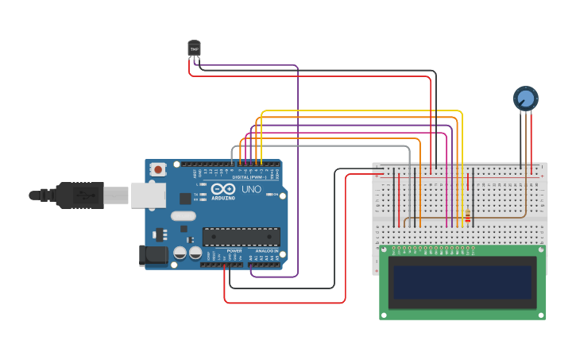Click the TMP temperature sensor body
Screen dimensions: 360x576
[x=194, y=48]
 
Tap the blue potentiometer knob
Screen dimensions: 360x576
[x=525, y=99]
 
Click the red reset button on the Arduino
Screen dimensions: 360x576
[x=159, y=169]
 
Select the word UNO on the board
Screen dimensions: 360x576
[x=251, y=191]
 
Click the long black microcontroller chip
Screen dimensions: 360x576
[x=241, y=236]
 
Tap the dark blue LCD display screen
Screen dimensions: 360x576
[x=462, y=282]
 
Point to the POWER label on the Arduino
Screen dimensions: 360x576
[x=234, y=250]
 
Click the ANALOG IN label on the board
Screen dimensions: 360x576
[x=265, y=250]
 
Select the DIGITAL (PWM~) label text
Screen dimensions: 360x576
[x=249, y=176]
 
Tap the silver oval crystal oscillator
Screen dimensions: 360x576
[x=182, y=215]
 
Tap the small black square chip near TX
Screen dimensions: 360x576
[x=185, y=199]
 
